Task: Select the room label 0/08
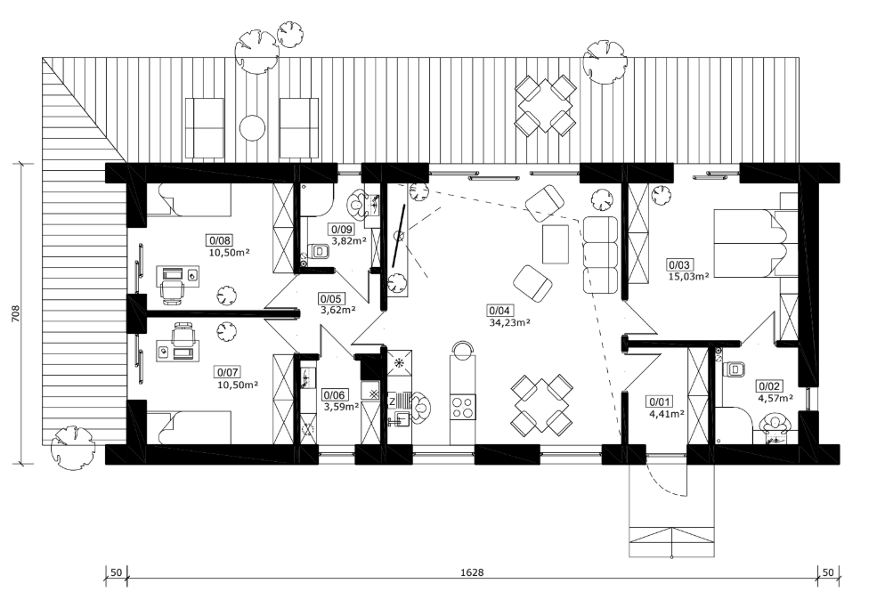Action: (x=220, y=240)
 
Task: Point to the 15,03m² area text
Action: (x=689, y=275)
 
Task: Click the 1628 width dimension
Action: (x=472, y=572)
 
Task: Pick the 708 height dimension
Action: (x=15, y=314)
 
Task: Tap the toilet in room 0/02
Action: (x=735, y=369)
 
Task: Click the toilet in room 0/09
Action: (x=318, y=251)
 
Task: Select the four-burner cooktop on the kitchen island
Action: (x=463, y=407)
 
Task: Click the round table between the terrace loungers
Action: (x=252, y=128)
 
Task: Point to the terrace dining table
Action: (x=545, y=104)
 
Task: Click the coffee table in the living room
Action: (x=556, y=243)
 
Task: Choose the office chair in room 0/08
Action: (x=173, y=291)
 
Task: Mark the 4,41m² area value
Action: (x=667, y=414)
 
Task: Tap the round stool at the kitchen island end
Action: (x=463, y=351)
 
